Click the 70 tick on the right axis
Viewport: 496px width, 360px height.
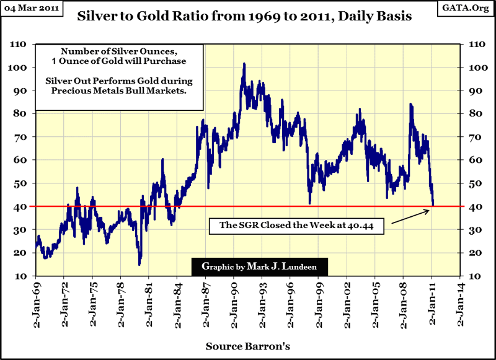(474, 137)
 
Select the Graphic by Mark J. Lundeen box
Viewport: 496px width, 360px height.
(260, 267)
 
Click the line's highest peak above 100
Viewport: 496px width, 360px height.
(244, 64)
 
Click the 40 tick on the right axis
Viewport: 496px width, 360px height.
(474, 206)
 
